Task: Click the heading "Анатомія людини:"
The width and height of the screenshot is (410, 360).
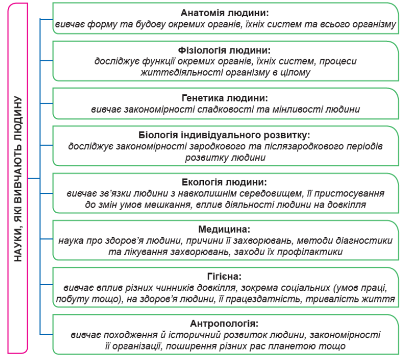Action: click(x=224, y=13)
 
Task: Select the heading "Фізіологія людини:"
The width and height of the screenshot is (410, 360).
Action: click(x=224, y=50)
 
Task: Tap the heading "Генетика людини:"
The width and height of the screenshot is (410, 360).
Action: click(x=225, y=98)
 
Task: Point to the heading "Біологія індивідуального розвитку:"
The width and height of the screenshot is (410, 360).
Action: click(x=224, y=135)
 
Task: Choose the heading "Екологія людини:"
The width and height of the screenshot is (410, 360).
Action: click(x=224, y=182)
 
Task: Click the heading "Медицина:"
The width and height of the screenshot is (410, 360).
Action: click(x=224, y=229)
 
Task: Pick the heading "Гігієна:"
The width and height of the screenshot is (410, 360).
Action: click(x=224, y=276)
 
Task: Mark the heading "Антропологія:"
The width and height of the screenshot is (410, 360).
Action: click(x=224, y=323)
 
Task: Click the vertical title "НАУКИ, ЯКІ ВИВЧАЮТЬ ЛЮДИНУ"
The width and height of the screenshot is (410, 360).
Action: click(x=18, y=179)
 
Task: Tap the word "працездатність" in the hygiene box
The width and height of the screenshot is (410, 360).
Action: click(x=263, y=299)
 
